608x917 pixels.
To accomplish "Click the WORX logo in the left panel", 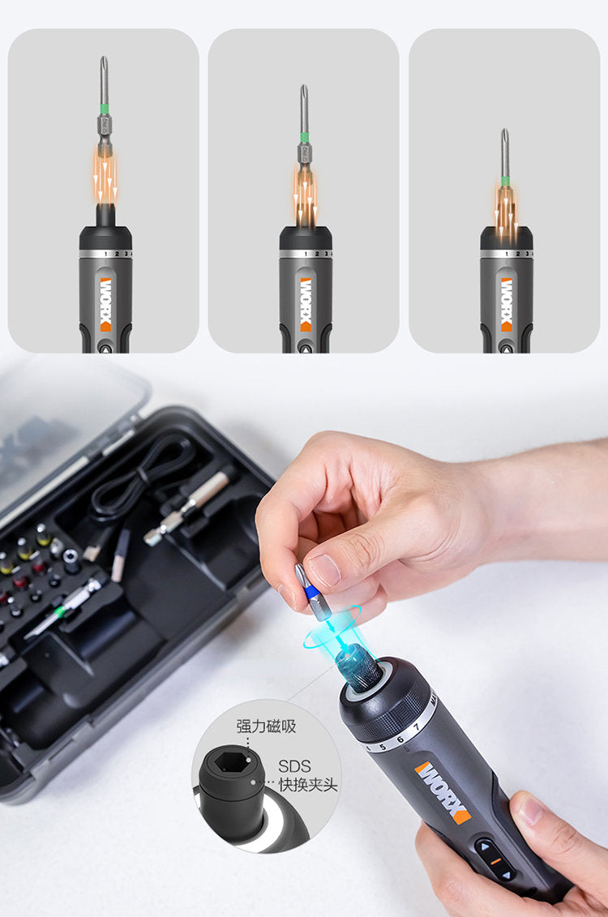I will pyautogui.click(x=105, y=304).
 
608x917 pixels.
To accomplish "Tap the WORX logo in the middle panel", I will pyautogui.click(x=306, y=304).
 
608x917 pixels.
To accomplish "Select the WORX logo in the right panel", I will pyautogui.click(x=506, y=304).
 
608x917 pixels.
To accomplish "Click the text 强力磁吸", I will pyautogui.click(x=266, y=726).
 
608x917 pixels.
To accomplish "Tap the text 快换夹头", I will pyautogui.click(x=307, y=785).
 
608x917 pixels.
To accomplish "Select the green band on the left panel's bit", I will pyautogui.click(x=104, y=108).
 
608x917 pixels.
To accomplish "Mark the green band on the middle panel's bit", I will pyautogui.click(x=304, y=138).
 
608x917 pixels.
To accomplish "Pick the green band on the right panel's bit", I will pyautogui.click(x=504, y=181).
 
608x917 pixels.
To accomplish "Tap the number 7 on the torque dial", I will pyautogui.click(x=415, y=726).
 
